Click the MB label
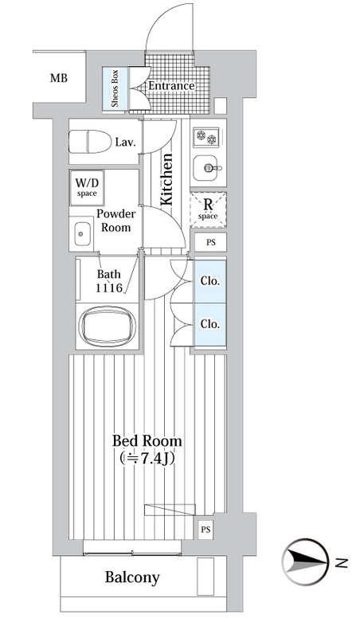point(59,78)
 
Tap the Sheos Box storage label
point(115,88)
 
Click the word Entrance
point(171,86)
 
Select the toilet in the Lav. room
point(90,142)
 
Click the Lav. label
point(125,143)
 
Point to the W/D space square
point(87,188)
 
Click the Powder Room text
point(116,221)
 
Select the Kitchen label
point(166,179)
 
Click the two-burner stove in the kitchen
point(205,136)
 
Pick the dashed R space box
point(208,209)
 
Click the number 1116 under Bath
point(109,288)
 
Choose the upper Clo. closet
point(209,281)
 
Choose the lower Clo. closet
point(209,325)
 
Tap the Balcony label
point(132,577)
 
